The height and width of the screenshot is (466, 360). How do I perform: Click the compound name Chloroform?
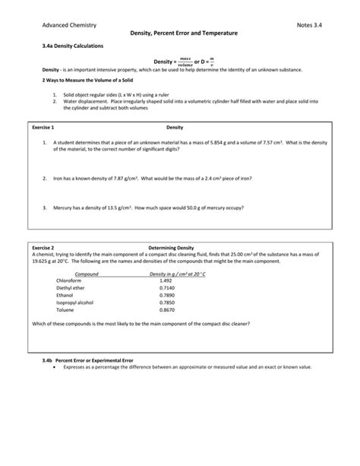(68, 281)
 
